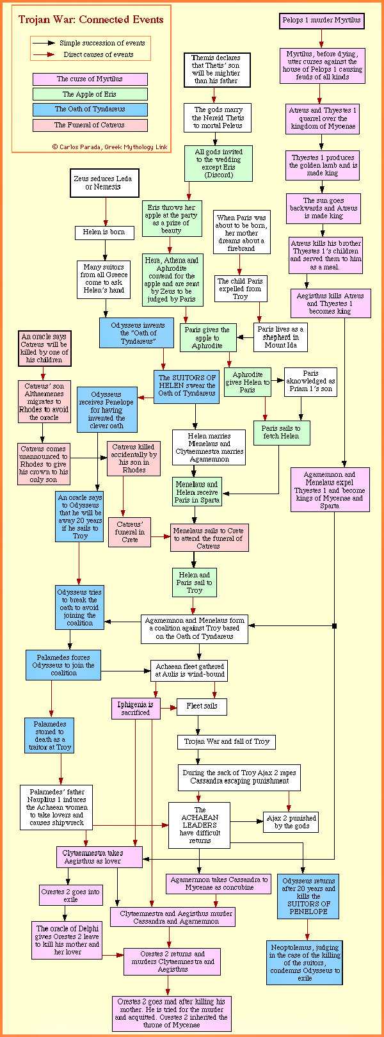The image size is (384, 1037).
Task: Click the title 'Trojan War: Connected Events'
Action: coord(91,20)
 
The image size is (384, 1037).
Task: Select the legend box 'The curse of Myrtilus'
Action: coord(90,79)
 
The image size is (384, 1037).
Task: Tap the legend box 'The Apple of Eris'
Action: coord(90,94)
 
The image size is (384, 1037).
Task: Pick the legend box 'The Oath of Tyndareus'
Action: coord(90,109)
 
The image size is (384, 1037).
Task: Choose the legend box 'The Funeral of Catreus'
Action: coord(90,125)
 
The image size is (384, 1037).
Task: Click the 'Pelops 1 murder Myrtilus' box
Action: coord(322,20)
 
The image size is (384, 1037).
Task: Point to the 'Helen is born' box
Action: coord(104,232)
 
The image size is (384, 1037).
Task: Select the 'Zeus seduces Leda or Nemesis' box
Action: coord(104,182)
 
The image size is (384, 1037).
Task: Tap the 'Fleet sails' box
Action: coord(202,706)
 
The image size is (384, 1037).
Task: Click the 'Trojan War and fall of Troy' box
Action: coord(227,741)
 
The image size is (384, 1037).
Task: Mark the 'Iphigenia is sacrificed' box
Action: coord(136,708)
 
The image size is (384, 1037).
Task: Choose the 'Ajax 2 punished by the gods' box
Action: coord(291,822)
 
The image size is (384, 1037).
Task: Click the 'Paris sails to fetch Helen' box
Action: coord(281,432)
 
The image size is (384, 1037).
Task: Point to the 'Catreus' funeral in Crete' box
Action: coord(130,532)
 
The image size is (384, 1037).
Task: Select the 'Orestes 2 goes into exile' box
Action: coord(70,895)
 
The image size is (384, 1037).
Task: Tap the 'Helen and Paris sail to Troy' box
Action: coord(195,582)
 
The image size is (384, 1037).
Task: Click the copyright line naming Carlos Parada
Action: coord(110,147)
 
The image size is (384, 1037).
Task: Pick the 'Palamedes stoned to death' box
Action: coord(51,735)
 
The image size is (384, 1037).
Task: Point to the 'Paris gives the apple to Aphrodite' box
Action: coord(207,337)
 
